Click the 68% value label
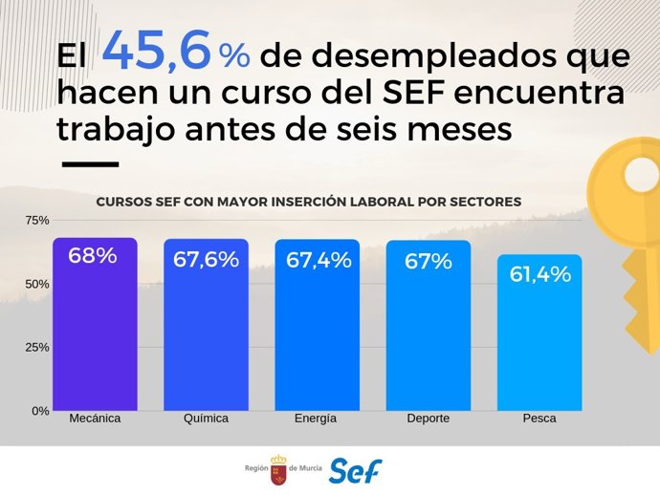click(93, 256)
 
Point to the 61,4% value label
click(539, 274)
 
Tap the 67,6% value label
click(206, 259)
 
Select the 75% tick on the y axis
click(36, 221)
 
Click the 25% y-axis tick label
click(36, 347)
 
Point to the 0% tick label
click(39, 411)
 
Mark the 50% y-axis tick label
click(36, 284)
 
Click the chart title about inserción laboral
click(308, 203)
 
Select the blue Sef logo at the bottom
click(355, 471)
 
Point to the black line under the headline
click(90, 164)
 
